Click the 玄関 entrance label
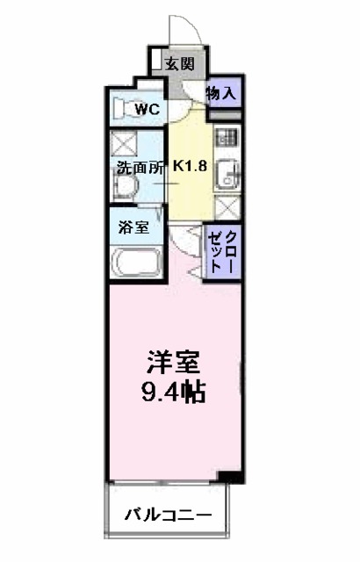pos(180,62)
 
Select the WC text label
pos(147,110)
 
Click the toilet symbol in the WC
pos(124,110)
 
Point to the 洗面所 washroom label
pos(138,169)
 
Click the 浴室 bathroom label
pos(133,226)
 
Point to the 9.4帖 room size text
pos(173,392)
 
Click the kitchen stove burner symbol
pos(226,138)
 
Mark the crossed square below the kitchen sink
pos(226,209)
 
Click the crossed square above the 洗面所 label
pos(122,143)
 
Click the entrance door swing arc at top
pos(186,29)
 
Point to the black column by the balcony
pos(229,477)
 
